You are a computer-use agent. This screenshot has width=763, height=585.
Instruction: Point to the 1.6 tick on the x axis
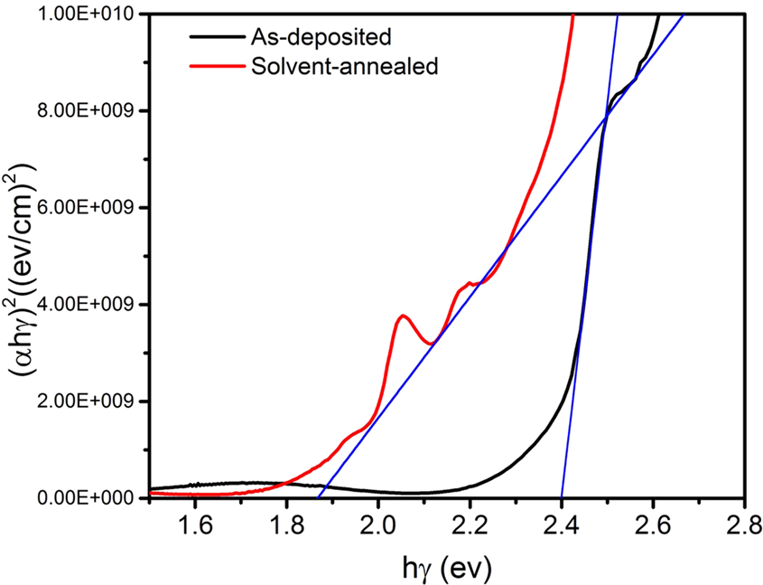(x=194, y=524)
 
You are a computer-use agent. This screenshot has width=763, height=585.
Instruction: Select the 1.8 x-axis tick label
(x=286, y=524)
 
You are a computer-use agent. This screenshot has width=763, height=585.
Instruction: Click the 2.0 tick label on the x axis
(x=377, y=524)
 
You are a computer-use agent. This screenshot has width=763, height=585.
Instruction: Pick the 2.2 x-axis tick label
(x=470, y=524)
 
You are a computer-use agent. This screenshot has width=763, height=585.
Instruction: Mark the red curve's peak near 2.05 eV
(x=403, y=316)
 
